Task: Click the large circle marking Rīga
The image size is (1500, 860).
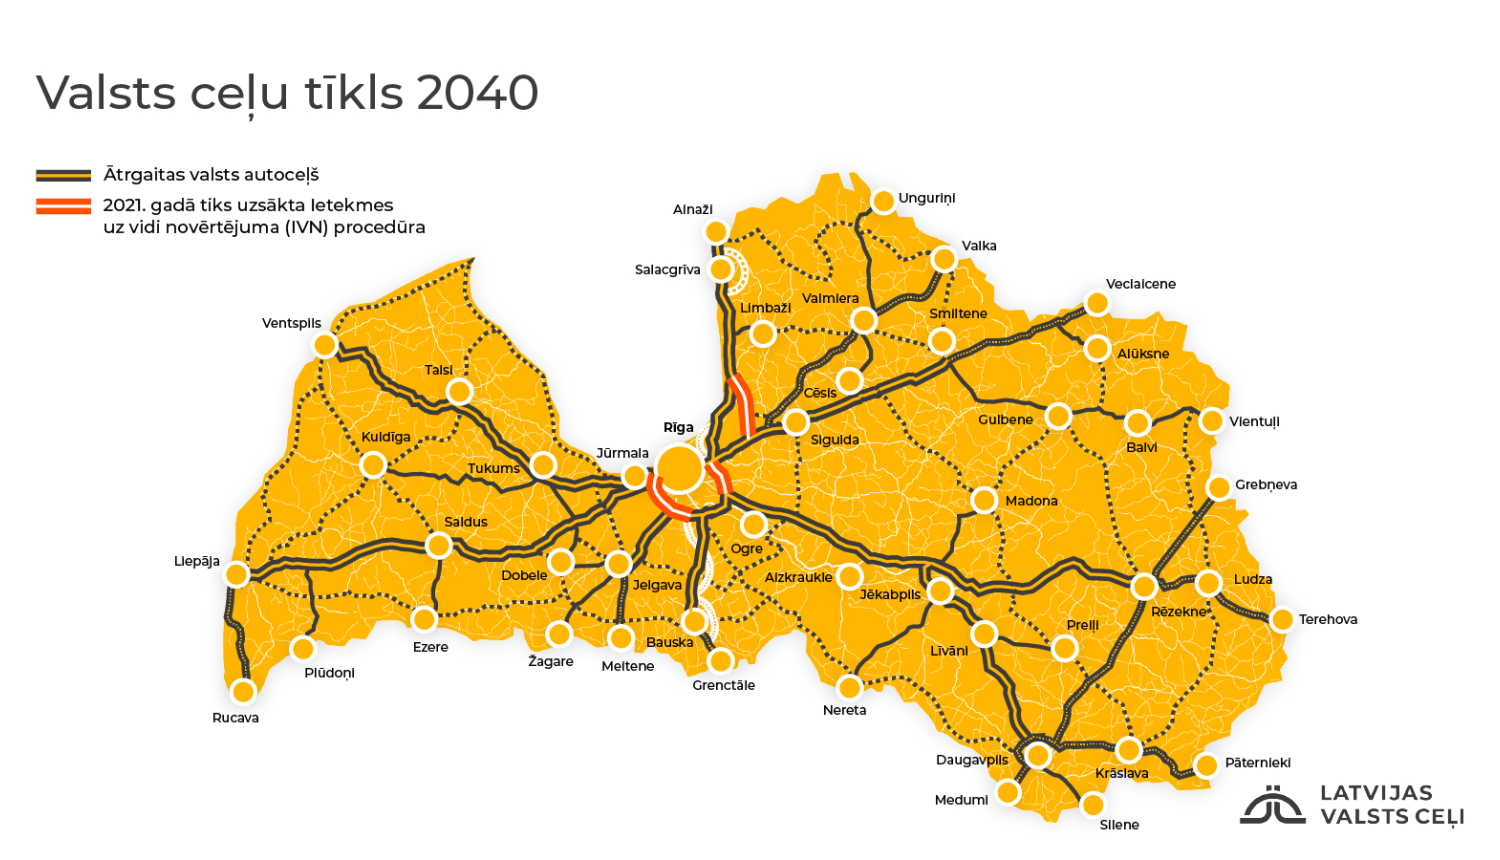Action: (680, 468)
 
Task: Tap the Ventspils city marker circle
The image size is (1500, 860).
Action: (325, 345)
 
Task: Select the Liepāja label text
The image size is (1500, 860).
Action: (197, 561)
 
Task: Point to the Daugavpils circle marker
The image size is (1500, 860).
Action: (1038, 755)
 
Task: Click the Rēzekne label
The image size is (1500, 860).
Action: (1179, 612)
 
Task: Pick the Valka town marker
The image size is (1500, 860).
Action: (944, 260)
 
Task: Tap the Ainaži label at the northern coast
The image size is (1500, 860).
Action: (693, 210)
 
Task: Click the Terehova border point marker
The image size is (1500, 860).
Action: (1282, 620)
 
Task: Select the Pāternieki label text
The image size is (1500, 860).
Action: (1258, 763)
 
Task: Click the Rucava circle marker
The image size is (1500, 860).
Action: (243, 691)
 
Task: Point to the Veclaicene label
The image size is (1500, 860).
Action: (1141, 284)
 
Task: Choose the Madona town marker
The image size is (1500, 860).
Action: (984, 500)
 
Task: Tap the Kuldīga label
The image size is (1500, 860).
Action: (386, 437)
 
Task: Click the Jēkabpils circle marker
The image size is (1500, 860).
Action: (940, 591)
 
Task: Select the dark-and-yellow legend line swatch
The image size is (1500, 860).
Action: (64, 176)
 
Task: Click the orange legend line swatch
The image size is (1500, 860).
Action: (64, 207)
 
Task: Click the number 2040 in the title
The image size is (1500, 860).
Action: (478, 93)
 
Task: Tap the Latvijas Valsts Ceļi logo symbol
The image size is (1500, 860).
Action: (1272, 805)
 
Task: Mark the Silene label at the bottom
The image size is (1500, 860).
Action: (1119, 825)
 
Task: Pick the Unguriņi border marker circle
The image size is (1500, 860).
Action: (883, 202)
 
